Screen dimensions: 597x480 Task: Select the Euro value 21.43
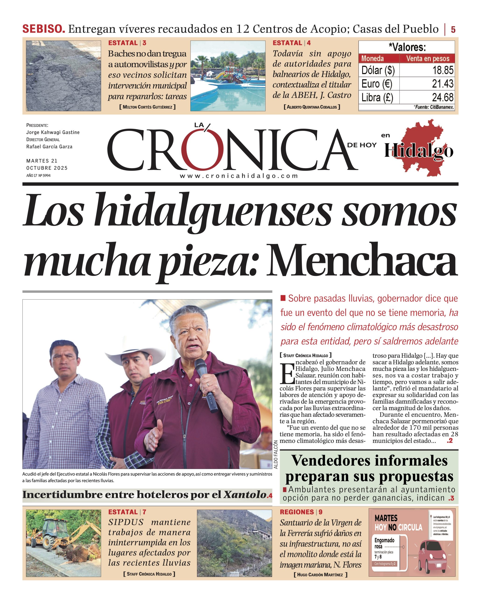(x=443, y=84)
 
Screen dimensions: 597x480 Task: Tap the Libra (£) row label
(x=377, y=97)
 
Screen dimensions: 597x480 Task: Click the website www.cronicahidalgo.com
(x=239, y=176)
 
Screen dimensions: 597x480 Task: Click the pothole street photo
(x=64, y=76)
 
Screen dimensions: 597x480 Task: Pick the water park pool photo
(x=228, y=76)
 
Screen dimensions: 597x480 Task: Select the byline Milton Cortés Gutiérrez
(x=148, y=107)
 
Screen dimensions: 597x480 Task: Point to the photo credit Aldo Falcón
(x=276, y=458)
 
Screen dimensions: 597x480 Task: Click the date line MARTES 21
(x=42, y=161)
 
